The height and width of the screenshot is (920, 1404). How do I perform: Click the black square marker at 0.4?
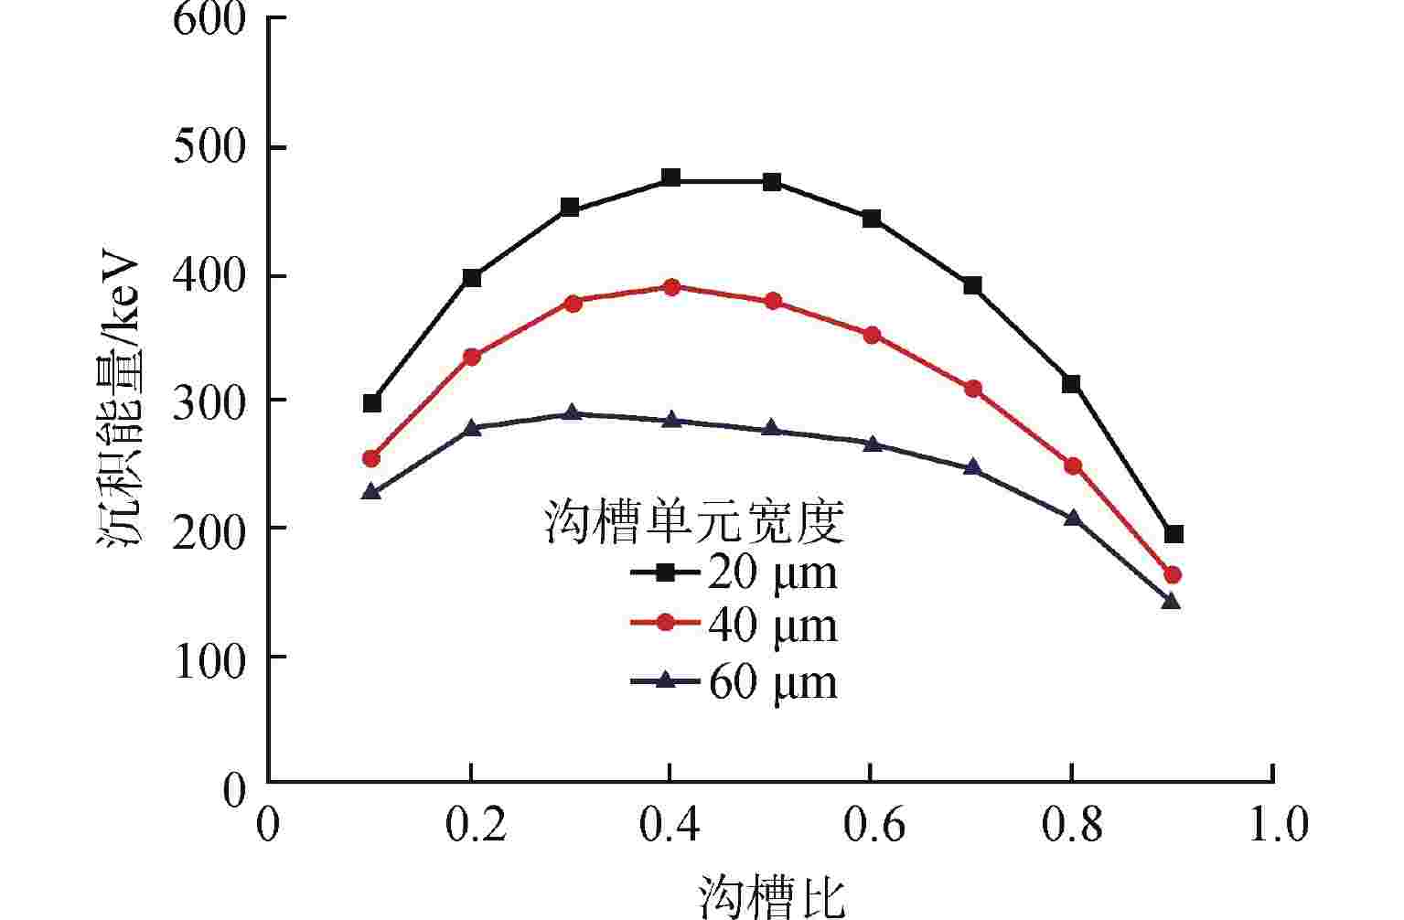pyautogui.click(x=670, y=177)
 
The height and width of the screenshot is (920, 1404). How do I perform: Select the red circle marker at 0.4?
pyautogui.click(x=670, y=287)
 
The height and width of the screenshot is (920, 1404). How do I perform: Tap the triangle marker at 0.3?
pyautogui.click(x=572, y=413)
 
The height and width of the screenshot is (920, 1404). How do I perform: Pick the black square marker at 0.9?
pyautogui.click(x=1174, y=533)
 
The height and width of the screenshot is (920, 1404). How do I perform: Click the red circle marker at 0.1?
pyautogui.click(x=371, y=458)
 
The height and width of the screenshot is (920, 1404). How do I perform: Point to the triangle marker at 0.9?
pyautogui.click(x=1171, y=601)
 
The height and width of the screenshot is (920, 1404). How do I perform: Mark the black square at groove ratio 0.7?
pyautogui.click(x=972, y=286)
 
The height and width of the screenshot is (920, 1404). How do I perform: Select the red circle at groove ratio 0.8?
pyautogui.click(x=1073, y=466)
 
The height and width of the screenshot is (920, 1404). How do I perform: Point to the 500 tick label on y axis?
pyautogui.click(x=209, y=148)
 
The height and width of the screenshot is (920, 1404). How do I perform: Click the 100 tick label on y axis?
pyautogui.click(x=209, y=657)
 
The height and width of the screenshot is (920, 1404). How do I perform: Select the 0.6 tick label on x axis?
pyautogui.click(x=872, y=826)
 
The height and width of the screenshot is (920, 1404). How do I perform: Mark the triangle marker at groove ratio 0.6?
pyautogui.click(x=872, y=444)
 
